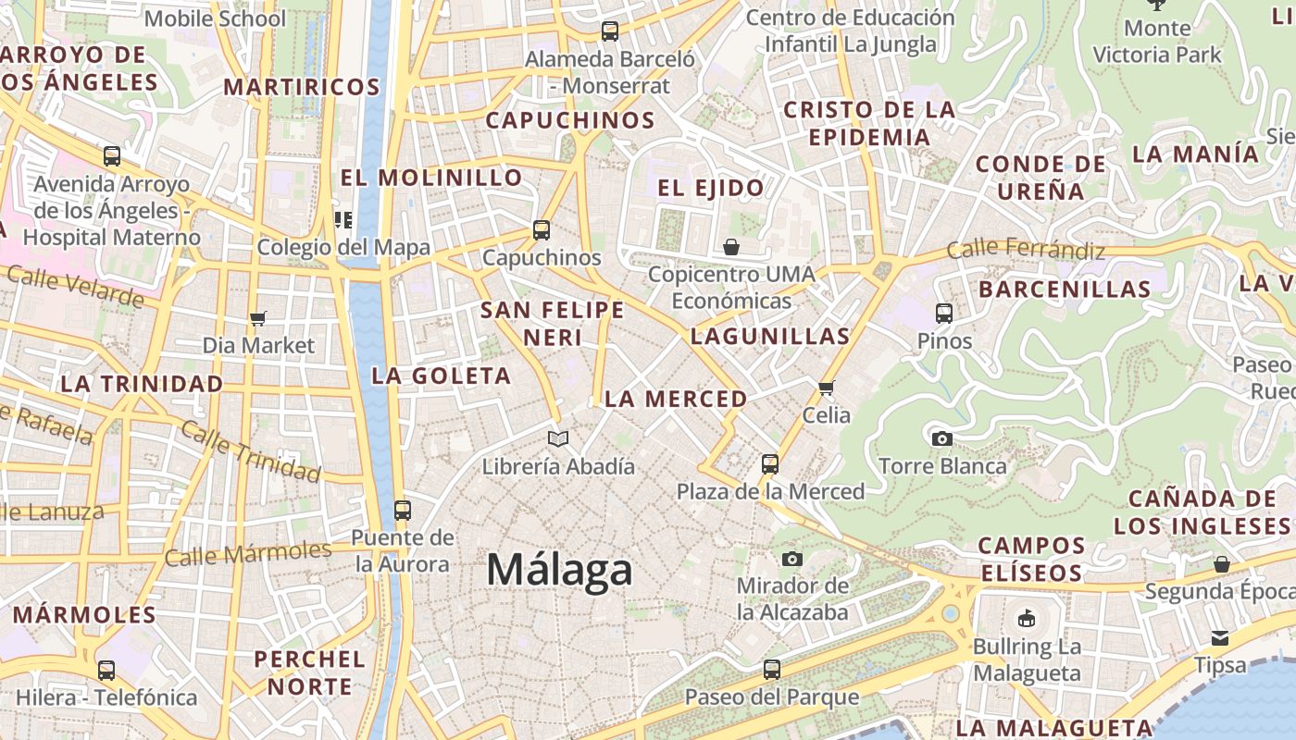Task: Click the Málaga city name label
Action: coord(559,570)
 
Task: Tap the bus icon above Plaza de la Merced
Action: coord(770,463)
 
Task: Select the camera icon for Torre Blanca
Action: coord(942,438)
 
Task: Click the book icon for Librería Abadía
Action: coord(557,438)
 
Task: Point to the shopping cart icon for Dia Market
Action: coord(258,318)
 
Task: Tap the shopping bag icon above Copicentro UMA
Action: coord(731,247)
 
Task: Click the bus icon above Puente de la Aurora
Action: coord(402,510)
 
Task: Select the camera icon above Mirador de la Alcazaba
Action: coord(791,559)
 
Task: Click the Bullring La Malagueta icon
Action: coord(1026,619)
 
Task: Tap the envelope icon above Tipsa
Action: coord(1220,637)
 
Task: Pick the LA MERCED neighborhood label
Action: coord(675,399)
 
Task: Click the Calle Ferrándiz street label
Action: coord(1026,249)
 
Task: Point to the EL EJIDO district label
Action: coord(711,188)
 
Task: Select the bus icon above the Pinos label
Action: coord(944,314)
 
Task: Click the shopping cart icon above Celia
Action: coord(827,388)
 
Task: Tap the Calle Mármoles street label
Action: coord(247,553)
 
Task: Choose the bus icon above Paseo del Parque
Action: coord(772,669)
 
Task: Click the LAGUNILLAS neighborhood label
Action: coord(770,336)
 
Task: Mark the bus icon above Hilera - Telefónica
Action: coord(106,670)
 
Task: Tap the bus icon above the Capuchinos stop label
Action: coord(542,229)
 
